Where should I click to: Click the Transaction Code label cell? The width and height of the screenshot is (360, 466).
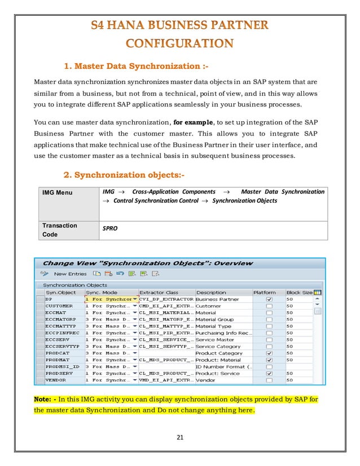tap(60, 229)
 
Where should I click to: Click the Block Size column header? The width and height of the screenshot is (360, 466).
tap(298, 292)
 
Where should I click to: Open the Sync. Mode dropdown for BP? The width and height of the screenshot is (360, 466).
tap(134, 299)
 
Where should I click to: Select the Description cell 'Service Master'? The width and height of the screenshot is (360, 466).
tap(214, 340)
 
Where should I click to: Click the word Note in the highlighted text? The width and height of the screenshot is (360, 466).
tap(43, 399)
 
